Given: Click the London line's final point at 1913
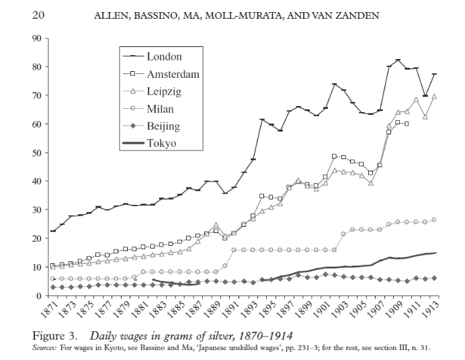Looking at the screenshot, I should coord(435,74).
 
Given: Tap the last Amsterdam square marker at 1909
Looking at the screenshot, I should coord(407,124).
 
